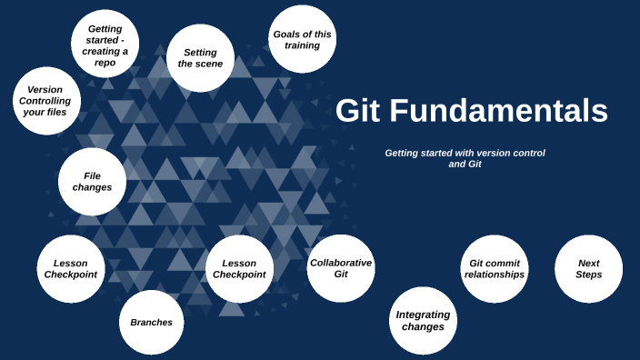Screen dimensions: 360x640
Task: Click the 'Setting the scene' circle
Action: [x=201, y=58]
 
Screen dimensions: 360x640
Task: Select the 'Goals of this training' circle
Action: [x=303, y=39]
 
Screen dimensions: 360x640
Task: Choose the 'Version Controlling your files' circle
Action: [x=46, y=101]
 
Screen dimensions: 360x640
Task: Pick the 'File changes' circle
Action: [x=92, y=181]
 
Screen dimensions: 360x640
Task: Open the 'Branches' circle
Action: [x=152, y=322]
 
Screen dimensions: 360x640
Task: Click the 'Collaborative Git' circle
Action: [x=341, y=268]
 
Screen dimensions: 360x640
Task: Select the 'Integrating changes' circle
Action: [x=423, y=320]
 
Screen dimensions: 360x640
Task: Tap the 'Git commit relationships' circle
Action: [x=495, y=268]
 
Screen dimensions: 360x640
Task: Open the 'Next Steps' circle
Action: [x=588, y=268]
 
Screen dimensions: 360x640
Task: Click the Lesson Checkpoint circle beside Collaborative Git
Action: [x=239, y=268]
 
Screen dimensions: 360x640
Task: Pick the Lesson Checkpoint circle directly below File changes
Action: [x=71, y=268]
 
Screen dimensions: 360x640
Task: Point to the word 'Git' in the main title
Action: [x=358, y=111]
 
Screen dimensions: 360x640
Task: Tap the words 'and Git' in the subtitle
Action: [x=465, y=165]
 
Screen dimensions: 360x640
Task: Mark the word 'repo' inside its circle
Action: [x=105, y=64]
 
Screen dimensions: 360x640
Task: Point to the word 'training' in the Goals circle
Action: [x=303, y=45]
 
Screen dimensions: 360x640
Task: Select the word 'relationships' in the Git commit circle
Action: [x=495, y=275]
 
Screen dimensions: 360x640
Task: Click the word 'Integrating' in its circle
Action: [x=423, y=315]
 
